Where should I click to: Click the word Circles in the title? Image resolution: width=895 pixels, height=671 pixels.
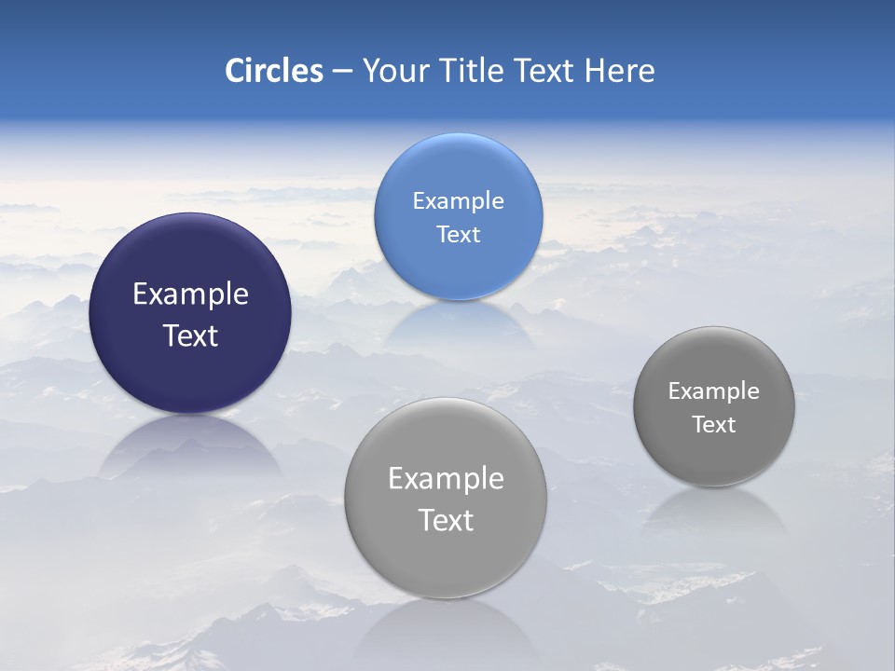pyautogui.click(x=274, y=71)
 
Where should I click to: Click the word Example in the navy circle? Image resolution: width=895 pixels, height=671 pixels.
pyautogui.click(x=190, y=294)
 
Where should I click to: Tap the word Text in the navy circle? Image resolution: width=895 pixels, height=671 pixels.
pyautogui.click(x=190, y=335)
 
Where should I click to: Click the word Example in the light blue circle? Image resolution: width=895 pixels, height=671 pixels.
pyautogui.click(x=458, y=201)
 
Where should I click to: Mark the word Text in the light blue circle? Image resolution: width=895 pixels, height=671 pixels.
pyautogui.click(x=458, y=234)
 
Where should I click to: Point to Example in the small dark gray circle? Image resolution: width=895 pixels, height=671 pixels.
pyautogui.click(x=714, y=391)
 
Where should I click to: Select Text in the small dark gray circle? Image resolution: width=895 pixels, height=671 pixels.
pyautogui.click(x=714, y=425)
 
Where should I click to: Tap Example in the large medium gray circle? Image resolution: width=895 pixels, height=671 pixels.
pyautogui.click(x=446, y=479)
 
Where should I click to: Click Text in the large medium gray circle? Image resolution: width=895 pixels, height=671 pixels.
pyautogui.click(x=446, y=520)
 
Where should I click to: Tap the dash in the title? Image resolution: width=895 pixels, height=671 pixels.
pyautogui.click(x=341, y=72)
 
